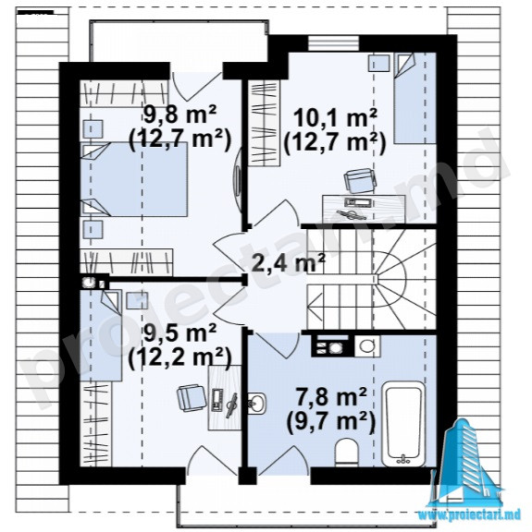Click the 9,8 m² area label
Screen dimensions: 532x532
click(180, 115)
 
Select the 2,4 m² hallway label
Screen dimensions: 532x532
click(288, 262)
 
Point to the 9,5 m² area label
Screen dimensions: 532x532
click(180, 332)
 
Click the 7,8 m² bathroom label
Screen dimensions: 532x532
click(331, 398)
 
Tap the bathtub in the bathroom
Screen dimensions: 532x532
click(403, 424)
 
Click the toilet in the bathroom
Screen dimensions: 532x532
click(346, 453)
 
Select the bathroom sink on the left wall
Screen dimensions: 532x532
click(256, 404)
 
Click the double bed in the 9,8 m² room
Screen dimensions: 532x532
click(134, 179)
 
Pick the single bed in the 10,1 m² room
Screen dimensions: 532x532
click(414, 98)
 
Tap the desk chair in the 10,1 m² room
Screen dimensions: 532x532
click(360, 179)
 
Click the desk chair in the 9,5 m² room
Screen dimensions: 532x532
click(191, 398)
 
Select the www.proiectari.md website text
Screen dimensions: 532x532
click(469, 515)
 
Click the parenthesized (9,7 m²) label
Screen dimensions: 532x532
click(331, 422)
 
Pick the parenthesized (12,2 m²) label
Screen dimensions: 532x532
click(180, 357)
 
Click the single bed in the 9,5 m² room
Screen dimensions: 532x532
click(101, 335)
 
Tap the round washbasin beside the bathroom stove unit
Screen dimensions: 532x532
click(367, 346)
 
